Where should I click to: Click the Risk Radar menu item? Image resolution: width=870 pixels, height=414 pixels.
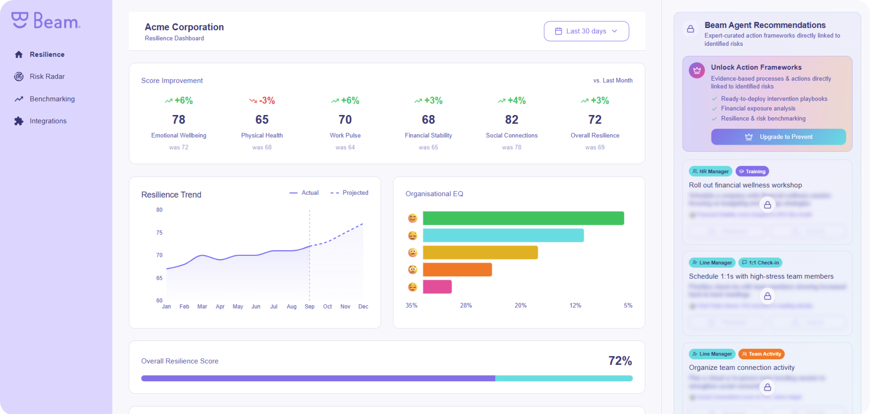point(47,76)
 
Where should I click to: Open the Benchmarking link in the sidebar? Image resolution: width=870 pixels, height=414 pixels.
point(52,99)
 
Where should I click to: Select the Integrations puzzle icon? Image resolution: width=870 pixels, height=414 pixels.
point(19,121)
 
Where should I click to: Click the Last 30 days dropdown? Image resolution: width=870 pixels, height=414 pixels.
point(586,31)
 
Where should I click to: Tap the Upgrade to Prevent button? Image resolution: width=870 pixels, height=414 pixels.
point(778,137)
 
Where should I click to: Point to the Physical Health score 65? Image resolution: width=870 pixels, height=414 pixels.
point(262,120)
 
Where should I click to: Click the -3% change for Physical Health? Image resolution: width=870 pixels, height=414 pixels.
point(263,101)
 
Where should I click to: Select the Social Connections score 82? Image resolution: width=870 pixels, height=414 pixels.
point(511,120)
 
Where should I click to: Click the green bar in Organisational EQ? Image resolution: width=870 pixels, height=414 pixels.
point(523,218)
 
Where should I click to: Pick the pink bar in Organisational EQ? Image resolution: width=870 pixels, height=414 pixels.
point(437,287)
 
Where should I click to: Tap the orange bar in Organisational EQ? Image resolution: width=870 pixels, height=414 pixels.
point(457,270)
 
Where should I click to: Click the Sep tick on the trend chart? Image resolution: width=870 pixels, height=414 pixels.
point(309,307)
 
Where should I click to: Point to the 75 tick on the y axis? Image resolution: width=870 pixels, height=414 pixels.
point(159,233)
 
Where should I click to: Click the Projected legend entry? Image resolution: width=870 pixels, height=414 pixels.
point(350,193)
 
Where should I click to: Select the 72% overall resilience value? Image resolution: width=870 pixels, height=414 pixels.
point(620,361)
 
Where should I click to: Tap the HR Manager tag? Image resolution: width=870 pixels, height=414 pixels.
point(710,172)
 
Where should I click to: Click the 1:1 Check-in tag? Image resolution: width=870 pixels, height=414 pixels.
point(760,263)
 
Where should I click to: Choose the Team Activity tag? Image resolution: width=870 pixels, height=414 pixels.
point(761,354)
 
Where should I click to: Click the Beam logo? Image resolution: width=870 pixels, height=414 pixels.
point(46,20)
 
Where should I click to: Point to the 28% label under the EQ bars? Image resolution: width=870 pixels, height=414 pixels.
point(466,306)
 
